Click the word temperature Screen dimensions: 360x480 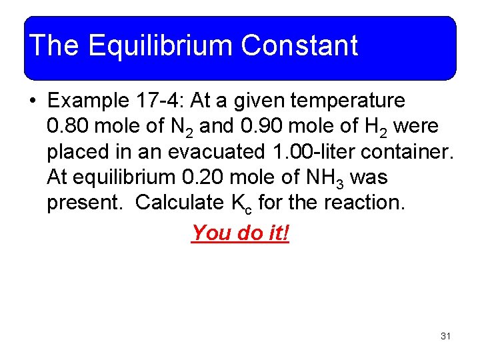pos(351,101)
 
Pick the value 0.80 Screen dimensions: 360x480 pos(66,126)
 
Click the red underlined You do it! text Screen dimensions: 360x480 pos(240,233)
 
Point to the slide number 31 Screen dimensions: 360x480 pos(445,336)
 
